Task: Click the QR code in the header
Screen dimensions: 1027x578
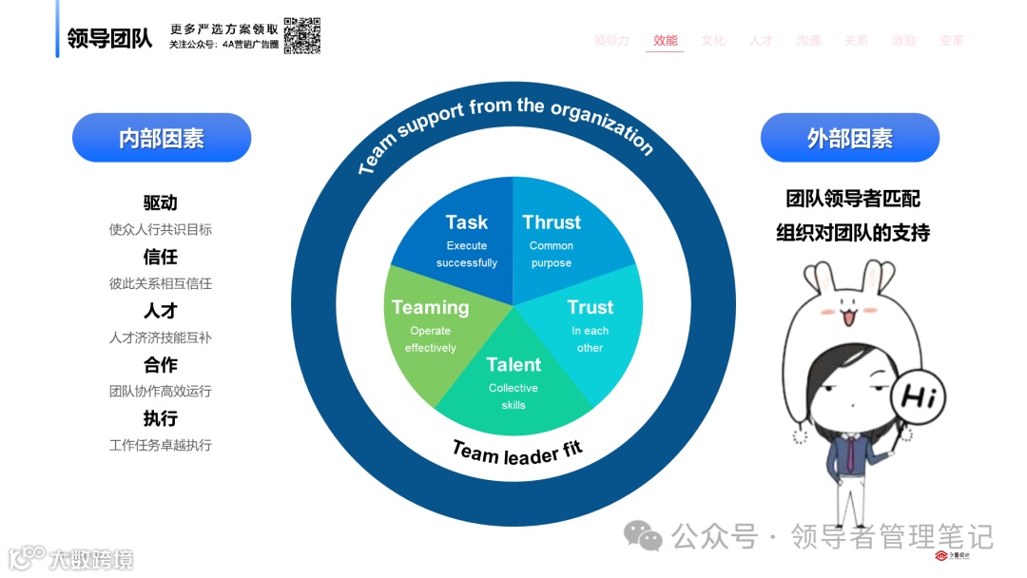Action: tap(301, 35)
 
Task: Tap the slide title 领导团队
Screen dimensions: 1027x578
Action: tap(109, 39)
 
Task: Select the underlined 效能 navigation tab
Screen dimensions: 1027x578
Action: tap(665, 41)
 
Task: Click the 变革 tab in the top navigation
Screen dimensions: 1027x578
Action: tap(951, 41)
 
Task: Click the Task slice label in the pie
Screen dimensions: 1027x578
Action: tap(466, 222)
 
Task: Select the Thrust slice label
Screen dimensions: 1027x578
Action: tap(552, 222)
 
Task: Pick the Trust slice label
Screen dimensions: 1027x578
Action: tap(590, 307)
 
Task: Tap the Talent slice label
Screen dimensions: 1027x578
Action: tap(513, 365)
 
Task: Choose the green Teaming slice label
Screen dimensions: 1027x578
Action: tap(431, 307)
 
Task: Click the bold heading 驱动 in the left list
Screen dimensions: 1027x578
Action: tap(161, 203)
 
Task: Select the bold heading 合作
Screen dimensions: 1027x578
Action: tap(161, 365)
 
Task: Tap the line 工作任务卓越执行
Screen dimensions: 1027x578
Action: tap(161, 445)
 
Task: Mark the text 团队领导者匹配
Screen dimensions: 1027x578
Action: tap(852, 199)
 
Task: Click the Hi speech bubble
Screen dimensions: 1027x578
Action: tap(920, 395)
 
